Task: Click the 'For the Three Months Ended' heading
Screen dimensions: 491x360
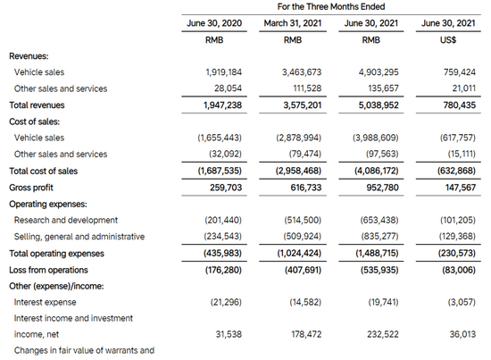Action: pyautogui.click(x=331, y=6)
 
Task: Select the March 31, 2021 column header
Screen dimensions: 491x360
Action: pyautogui.click(x=293, y=23)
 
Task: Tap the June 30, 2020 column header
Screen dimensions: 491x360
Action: pyautogui.click(x=214, y=23)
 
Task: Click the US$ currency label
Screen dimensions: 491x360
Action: pyautogui.click(x=448, y=40)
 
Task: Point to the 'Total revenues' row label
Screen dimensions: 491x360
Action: pyautogui.click(x=37, y=105)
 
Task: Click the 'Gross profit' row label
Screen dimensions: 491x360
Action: pyautogui.click(x=31, y=188)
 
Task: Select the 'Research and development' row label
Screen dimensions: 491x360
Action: pyautogui.click(x=66, y=220)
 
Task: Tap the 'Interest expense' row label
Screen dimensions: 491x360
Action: pyautogui.click(x=46, y=302)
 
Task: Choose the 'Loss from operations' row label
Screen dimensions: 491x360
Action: pyautogui.click(x=48, y=270)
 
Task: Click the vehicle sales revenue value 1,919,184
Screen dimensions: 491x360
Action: pyautogui.click(x=223, y=72)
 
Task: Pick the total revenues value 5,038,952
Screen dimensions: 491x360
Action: pyautogui.click(x=379, y=105)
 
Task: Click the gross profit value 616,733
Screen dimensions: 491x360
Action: pyautogui.click(x=306, y=188)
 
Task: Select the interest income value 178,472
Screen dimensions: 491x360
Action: pyautogui.click(x=306, y=334)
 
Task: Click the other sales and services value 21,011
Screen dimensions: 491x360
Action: pyautogui.click(x=463, y=88)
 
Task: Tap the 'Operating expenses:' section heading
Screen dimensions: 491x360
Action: pyautogui.click(x=48, y=204)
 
